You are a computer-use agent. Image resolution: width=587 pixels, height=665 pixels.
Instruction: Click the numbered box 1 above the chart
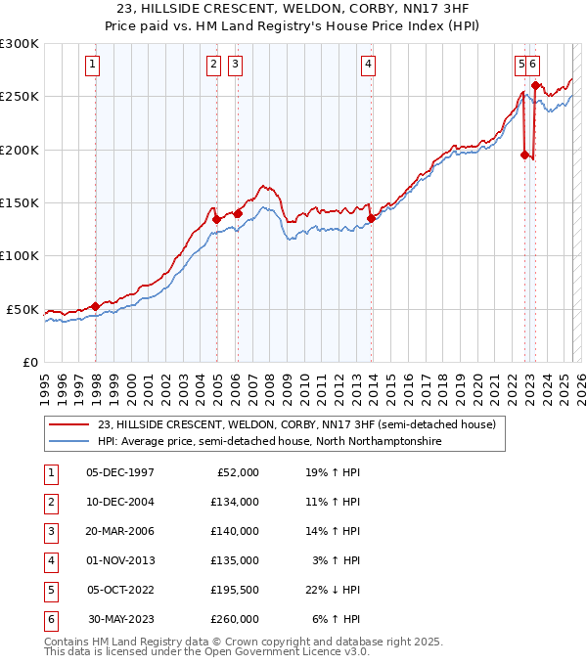pyautogui.click(x=91, y=66)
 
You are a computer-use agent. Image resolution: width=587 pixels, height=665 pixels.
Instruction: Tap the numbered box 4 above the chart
pyautogui.click(x=368, y=66)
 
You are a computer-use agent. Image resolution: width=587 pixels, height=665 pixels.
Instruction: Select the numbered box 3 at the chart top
pyautogui.click(x=236, y=66)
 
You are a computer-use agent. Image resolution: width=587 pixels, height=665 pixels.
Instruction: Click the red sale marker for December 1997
pyautogui.click(x=95, y=307)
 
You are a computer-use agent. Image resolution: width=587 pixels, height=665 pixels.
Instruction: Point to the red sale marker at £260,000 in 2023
pyautogui.click(x=536, y=87)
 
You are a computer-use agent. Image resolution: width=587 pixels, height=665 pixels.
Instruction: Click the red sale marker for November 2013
pyautogui.click(x=372, y=219)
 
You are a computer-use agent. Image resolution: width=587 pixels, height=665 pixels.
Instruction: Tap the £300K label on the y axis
pyautogui.click(x=20, y=44)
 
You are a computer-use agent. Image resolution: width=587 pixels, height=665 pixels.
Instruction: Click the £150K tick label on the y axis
pyautogui.click(x=20, y=203)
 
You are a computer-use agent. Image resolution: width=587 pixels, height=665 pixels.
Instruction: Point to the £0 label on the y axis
pyautogui.click(x=29, y=362)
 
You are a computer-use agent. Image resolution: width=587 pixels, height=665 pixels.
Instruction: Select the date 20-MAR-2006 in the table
pyautogui.click(x=120, y=531)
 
